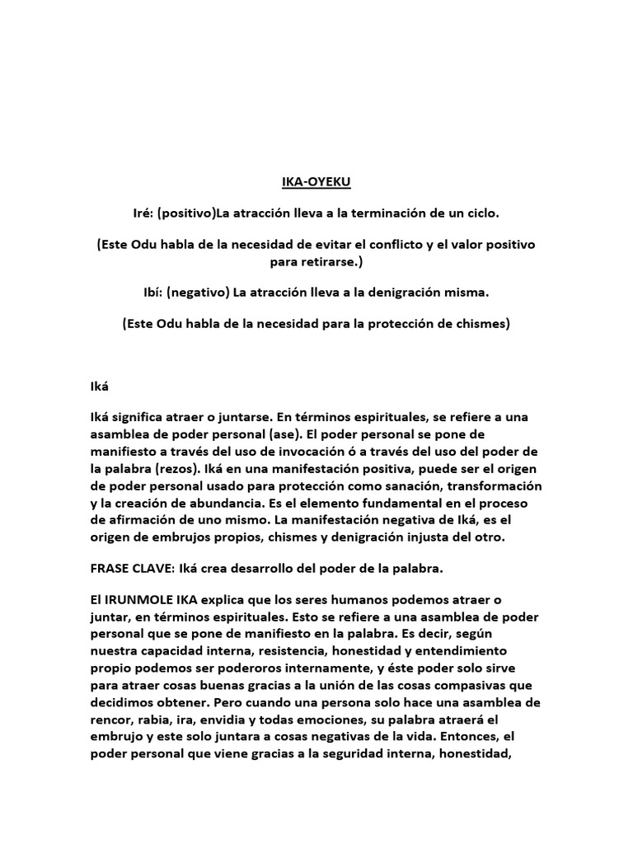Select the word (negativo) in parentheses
pos(197,293)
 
